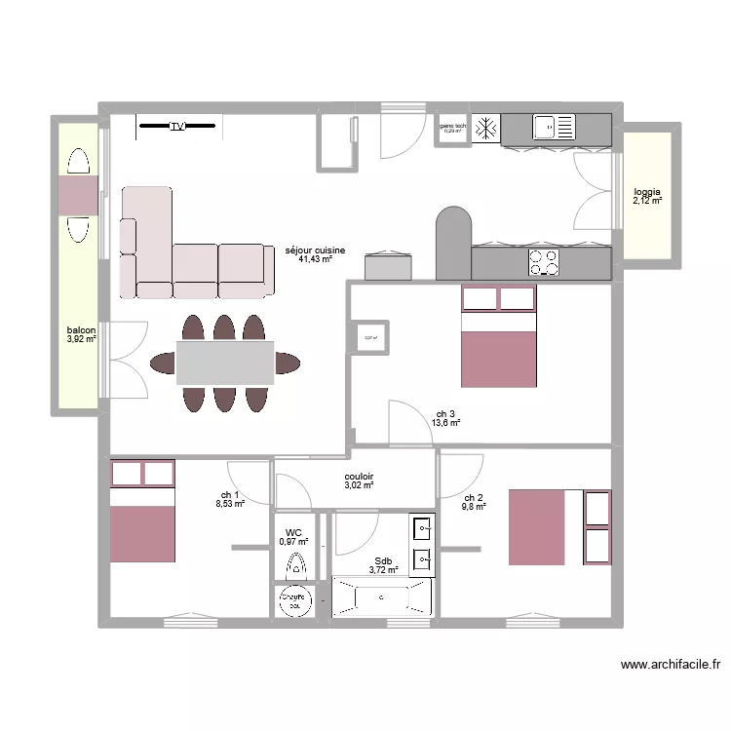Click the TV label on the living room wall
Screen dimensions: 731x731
click(176, 127)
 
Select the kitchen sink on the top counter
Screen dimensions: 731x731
click(553, 127)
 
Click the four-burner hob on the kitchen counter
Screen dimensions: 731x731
click(544, 261)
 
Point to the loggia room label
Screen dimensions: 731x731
click(647, 192)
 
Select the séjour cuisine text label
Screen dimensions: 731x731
click(309, 250)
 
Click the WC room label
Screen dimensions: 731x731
click(293, 533)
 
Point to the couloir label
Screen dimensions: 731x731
click(360, 477)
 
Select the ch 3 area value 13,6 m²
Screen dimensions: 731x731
click(445, 424)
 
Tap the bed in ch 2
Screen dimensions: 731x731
click(536, 527)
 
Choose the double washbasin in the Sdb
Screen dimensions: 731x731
click(422, 544)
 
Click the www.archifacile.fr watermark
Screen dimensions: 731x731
click(672, 666)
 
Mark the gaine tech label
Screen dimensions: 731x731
click(452, 126)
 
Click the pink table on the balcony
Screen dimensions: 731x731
click(77, 196)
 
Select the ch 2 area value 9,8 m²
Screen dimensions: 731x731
click(474, 507)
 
